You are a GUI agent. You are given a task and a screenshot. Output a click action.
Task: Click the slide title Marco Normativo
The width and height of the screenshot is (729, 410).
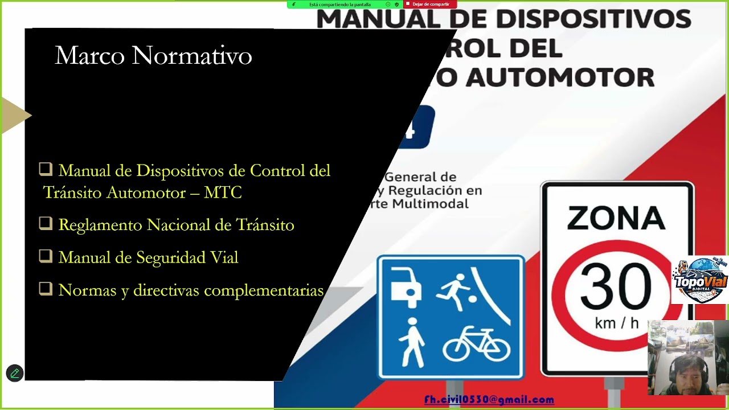click(x=153, y=56)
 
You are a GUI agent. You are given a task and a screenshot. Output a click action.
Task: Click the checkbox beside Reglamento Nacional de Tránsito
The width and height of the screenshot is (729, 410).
click(x=46, y=224)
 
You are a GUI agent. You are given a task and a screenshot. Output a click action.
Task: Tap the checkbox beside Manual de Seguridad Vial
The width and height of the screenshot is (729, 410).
click(x=46, y=256)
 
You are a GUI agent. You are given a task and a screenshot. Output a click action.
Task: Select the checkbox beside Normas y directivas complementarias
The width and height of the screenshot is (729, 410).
click(x=46, y=289)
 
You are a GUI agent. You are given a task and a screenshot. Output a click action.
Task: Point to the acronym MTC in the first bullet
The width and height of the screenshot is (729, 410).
click(x=223, y=192)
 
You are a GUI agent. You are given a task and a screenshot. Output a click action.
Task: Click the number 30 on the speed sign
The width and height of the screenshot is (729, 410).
click(x=616, y=287)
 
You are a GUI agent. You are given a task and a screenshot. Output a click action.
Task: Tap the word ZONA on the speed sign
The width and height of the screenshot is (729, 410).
click(x=616, y=219)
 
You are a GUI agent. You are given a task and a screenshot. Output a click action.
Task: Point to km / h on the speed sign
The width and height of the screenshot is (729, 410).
click(x=616, y=323)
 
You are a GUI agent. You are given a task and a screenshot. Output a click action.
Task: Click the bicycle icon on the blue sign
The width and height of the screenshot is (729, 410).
click(x=476, y=344)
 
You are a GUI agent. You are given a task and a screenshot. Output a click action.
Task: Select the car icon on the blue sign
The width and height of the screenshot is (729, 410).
click(x=406, y=285)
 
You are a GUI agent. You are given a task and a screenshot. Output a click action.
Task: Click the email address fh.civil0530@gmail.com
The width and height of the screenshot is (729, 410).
click(x=489, y=400)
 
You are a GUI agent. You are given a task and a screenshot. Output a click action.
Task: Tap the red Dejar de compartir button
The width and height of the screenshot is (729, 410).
click(x=430, y=4)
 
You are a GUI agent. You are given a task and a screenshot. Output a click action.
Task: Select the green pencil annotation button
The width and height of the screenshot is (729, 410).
click(x=15, y=374)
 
